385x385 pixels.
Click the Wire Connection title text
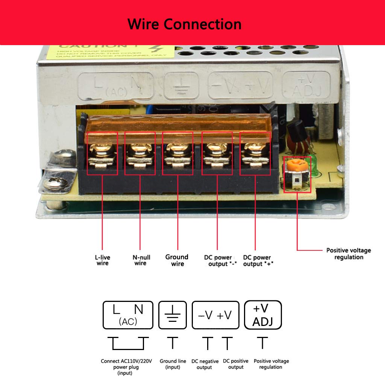184,24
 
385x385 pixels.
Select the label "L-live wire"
102,260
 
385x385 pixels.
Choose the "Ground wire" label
177,260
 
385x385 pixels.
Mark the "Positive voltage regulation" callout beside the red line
348,254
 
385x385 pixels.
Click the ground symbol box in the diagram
173,315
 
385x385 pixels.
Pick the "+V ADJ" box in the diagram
263,315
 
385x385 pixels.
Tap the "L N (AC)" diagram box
128,315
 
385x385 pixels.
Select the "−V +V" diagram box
215,315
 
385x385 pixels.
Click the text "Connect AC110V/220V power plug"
126,364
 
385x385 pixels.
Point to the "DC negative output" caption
205,364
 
